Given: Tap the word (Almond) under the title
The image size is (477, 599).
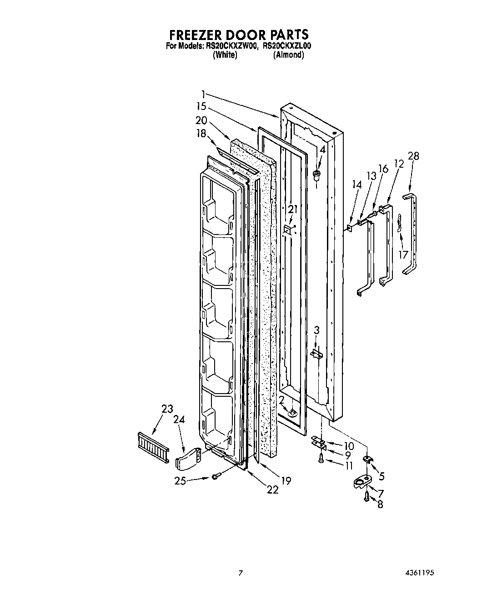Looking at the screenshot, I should [288, 55].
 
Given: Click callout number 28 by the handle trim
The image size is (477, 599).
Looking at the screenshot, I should [413, 156].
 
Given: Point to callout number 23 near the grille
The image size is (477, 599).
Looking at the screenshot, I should [167, 409].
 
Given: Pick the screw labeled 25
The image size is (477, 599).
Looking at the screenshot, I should [216, 476].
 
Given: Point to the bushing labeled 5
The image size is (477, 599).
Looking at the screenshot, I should [367, 460].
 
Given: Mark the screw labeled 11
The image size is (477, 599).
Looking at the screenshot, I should [321, 460].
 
